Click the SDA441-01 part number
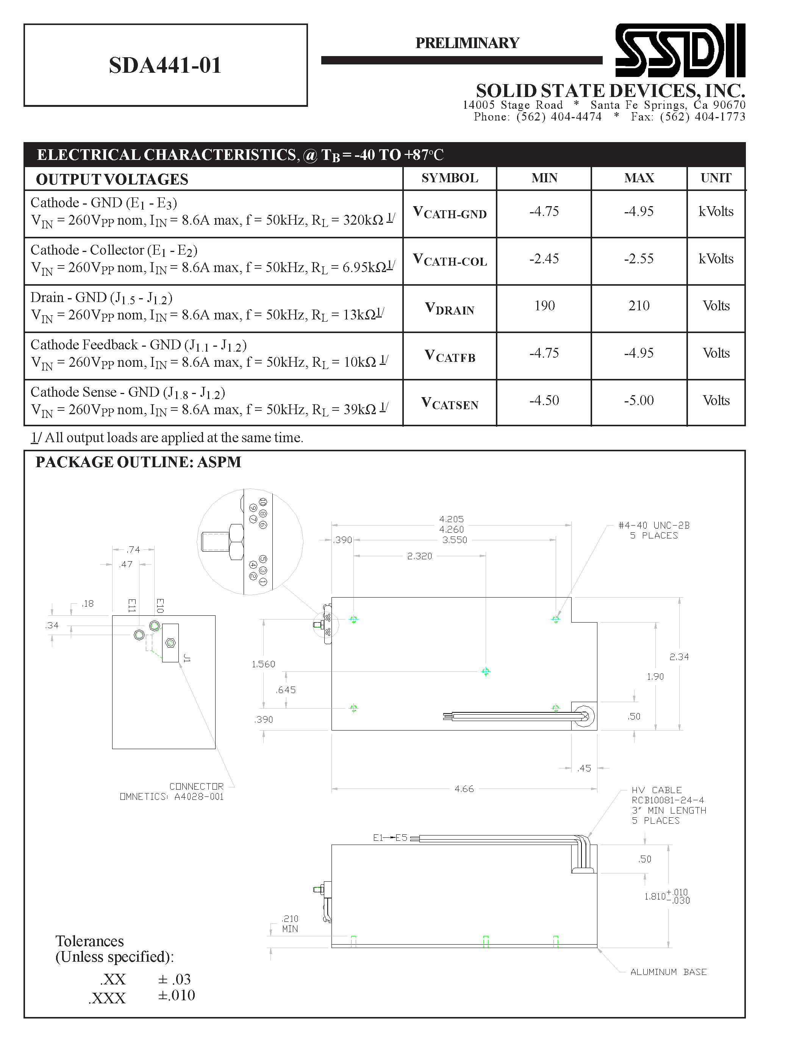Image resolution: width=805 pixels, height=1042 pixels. click(x=165, y=66)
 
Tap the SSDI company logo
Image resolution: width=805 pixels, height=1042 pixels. click(x=680, y=50)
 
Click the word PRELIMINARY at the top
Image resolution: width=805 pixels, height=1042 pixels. click(x=467, y=43)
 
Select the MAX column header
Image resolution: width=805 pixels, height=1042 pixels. click(x=639, y=178)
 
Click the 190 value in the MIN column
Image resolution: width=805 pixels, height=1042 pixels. click(x=544, y=306)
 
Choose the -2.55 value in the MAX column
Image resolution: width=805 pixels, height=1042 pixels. click(x=639, y=258)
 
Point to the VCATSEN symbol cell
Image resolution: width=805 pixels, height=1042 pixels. click(x=449, y=403)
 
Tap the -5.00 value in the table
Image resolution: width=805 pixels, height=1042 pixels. click(x=639, y=400)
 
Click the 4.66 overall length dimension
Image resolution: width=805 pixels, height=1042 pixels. click(x=464, y=789)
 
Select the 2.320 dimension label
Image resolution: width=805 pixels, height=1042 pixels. click(x=419, y=556)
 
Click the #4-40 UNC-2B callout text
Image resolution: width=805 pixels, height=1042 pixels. click(x=653, y=525)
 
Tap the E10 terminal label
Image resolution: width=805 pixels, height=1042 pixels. click(x=160, y=605)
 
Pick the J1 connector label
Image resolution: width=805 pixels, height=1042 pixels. click(x=187, y=659)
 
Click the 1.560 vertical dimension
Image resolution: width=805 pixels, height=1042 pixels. click(x=263, y=664)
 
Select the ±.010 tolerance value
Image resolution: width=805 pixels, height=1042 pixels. click(x=177, y=995)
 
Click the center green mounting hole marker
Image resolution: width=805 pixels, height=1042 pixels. click(x=486, y=672)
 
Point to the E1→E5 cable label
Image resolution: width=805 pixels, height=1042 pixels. click(x=390, y=838)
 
